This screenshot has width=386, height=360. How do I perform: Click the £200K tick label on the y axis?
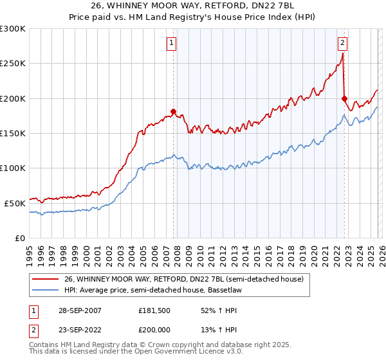point(13,99)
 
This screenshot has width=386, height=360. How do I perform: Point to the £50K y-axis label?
point(15,203)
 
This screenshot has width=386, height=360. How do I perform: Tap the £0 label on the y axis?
point(21,238)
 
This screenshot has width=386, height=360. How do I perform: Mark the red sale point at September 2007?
point(173,111)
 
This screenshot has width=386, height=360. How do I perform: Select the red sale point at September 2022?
point(344,98)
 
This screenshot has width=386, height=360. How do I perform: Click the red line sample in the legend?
point(46,278)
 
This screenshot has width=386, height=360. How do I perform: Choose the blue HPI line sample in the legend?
point(46,289)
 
